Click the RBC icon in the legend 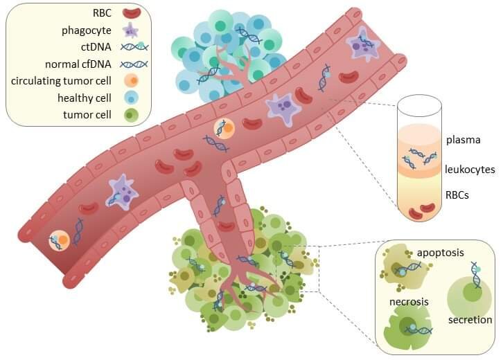(132, 13)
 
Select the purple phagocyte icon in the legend (131, 30)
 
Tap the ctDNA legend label (96, 47)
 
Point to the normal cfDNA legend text (78, 64)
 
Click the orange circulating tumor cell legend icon (131, 80)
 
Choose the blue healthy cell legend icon (131, 98)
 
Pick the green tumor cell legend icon (131, 115)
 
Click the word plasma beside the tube (464, 140)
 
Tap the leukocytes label (470, 169)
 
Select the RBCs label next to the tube (457, 195)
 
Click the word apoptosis (441, 253)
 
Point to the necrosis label (409, 302)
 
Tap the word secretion (470, 320)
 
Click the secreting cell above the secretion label (469, 296)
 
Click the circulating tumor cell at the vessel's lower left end (60, 240)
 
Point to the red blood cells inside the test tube (421, 211)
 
